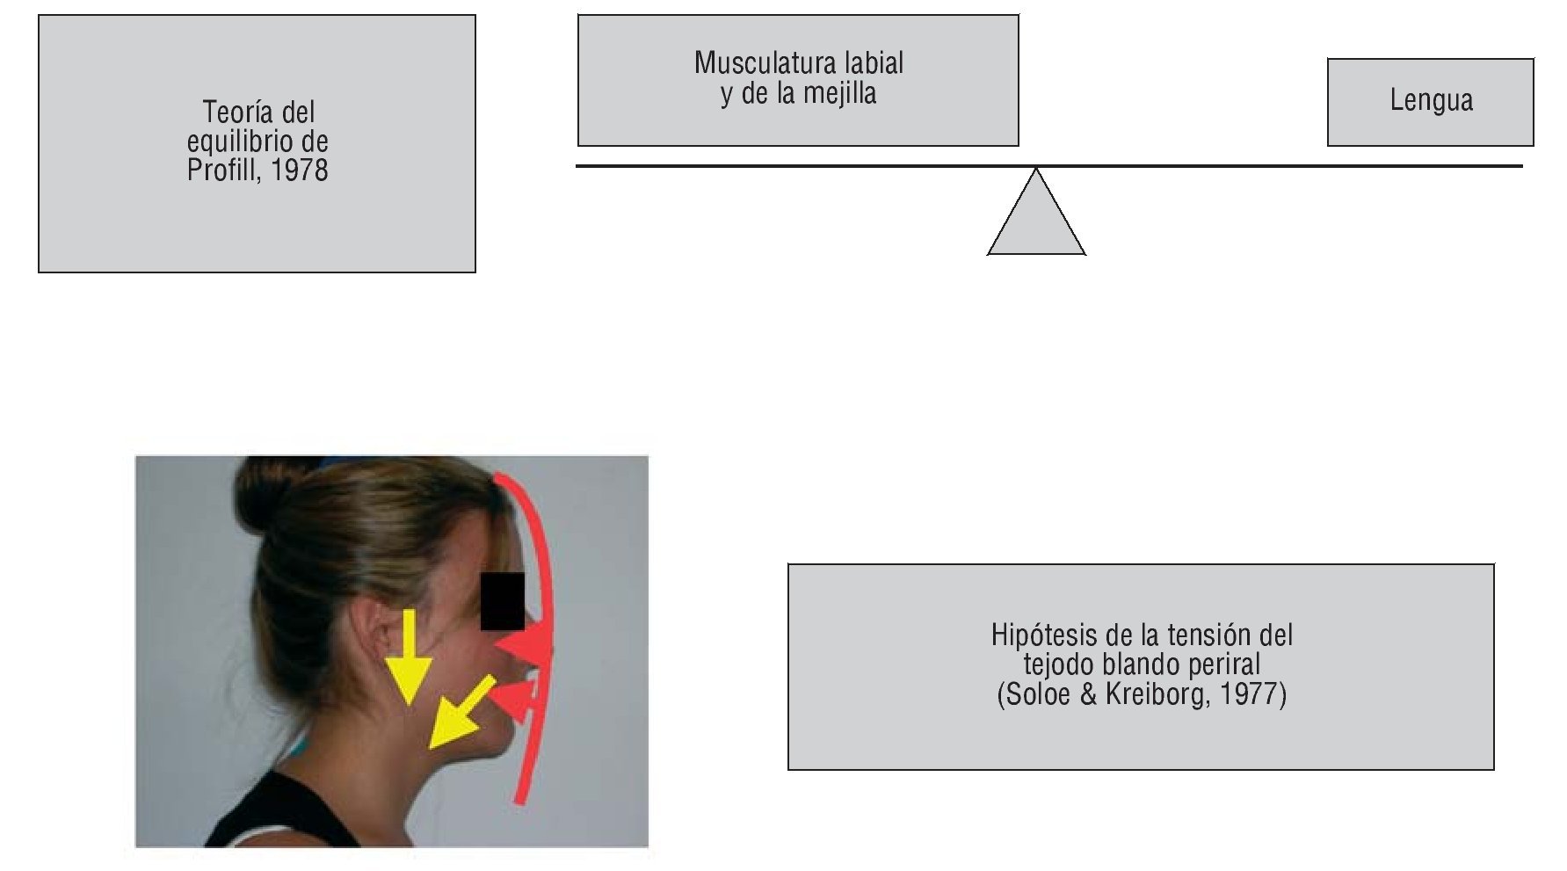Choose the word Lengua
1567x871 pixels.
point(1431,100)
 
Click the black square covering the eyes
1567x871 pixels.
point(503,602)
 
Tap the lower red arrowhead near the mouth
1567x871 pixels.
point(513,701)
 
